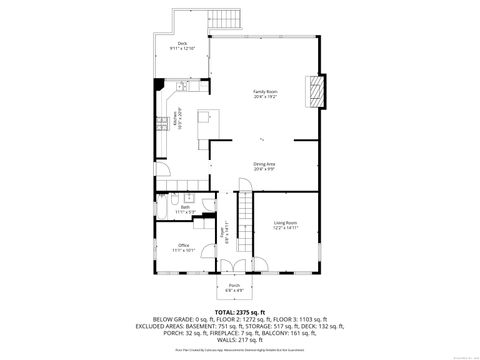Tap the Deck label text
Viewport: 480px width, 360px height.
(x=182, y=45)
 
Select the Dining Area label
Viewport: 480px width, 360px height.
(x=265, y=166)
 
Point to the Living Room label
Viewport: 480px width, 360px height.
(x=286, y=225)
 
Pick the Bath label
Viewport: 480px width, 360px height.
(x=186, y=210)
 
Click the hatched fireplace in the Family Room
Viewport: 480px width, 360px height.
(x=316, y=90)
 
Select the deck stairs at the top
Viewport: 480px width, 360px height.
(x=226, y=18)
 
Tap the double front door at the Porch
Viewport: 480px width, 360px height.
(x=234, y=264)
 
